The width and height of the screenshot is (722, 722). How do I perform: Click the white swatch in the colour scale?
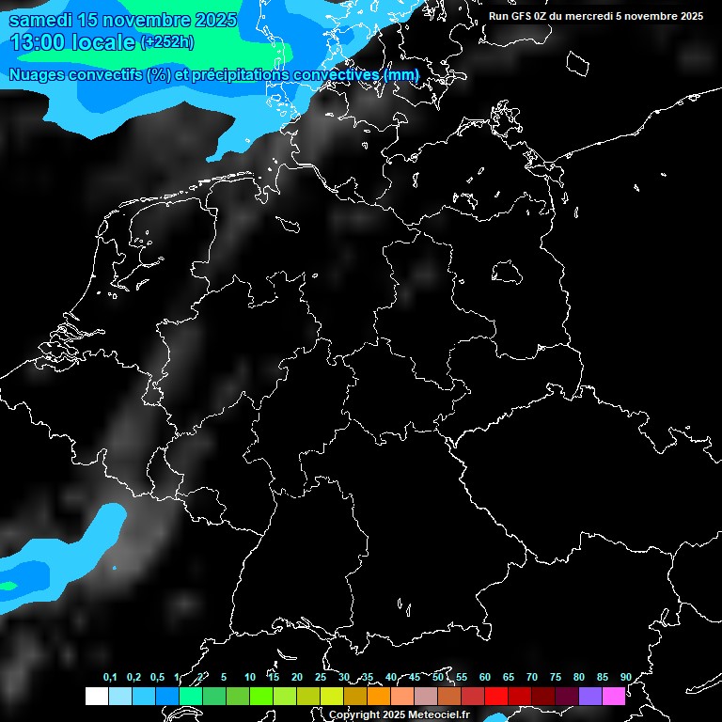96,696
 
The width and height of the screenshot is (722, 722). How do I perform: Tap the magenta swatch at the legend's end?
613,696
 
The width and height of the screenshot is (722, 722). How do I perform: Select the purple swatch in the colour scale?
589,696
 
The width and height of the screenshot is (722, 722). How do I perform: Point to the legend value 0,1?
110,677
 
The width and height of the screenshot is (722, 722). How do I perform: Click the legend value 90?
625,677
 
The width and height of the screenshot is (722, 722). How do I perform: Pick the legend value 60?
484,677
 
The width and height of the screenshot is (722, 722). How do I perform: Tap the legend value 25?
320,677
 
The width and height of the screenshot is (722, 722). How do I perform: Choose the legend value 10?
249,677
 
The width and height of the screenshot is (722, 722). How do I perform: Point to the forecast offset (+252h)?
167,42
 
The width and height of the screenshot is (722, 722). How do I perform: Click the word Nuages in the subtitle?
40,74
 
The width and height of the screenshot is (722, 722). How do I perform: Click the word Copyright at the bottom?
354,715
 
